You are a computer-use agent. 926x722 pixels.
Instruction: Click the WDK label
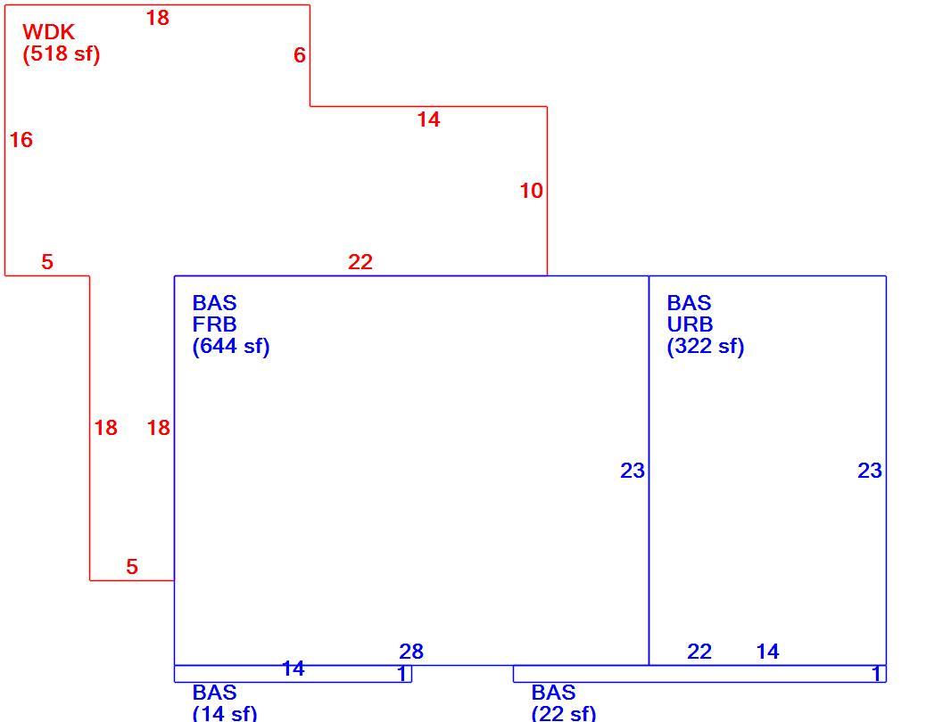click(x=48, y=32)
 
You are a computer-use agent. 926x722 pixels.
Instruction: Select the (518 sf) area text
click(x=62, y=53)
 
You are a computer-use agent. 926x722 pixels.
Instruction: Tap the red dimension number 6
click(x=300, y=55)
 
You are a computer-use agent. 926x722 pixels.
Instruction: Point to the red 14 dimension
click(x=429, y=119)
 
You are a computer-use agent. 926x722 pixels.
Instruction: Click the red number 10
click(x=532, y=191)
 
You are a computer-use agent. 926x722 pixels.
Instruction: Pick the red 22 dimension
click(x=360, y=262)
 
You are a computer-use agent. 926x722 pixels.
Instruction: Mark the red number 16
click(x=21, y=140)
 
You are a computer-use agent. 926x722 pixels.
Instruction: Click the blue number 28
click(x=411, y=652)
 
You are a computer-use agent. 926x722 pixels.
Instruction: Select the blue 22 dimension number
click(x=699, y=652)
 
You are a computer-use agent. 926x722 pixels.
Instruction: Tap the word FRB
click(x=214, y=324)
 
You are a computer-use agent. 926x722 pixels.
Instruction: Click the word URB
click(x=690, y=324)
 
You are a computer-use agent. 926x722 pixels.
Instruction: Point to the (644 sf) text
click(x=231, y=346)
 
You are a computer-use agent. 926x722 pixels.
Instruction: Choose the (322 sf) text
click(x=706, y=346)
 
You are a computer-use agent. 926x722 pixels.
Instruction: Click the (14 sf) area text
click(x=225, y=713)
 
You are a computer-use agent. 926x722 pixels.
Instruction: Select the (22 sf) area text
click(x=564, y=713)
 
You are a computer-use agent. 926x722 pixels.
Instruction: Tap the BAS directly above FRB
click(x=214, y=302)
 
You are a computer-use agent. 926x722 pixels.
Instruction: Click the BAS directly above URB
click(x=690, y=302)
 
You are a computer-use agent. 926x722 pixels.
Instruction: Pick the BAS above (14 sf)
click(x=214, y=692)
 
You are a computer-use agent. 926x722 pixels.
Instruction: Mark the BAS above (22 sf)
click(x=553, y=692)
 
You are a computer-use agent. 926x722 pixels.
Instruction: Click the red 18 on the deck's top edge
click(x=158, y=18)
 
